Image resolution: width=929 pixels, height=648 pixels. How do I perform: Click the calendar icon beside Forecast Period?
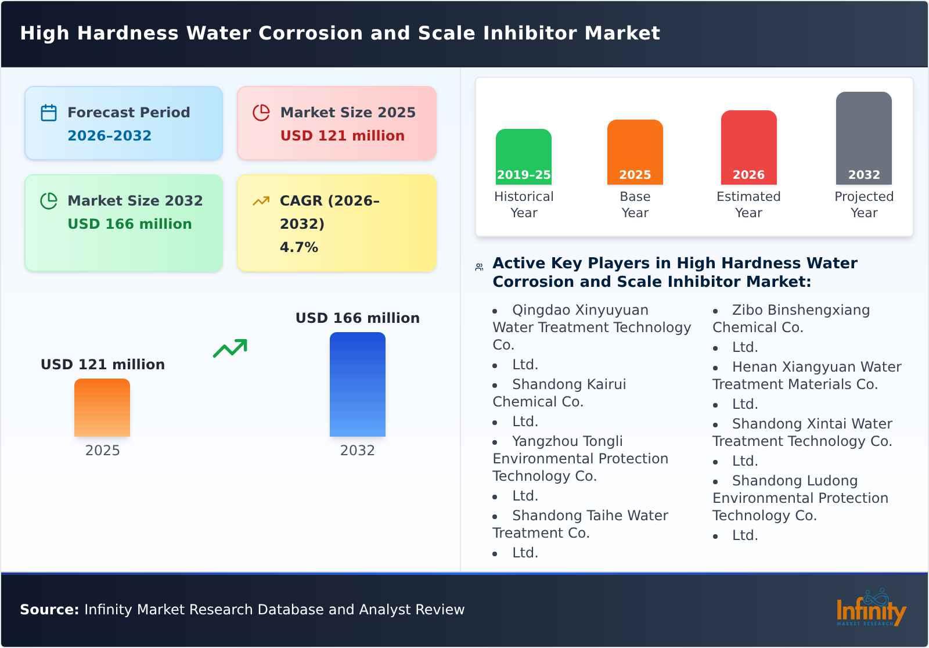[x=49, y=113]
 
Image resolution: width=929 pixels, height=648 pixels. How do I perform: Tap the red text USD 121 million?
[x=342, y=136]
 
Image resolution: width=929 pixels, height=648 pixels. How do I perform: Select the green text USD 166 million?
[x=129, y=224]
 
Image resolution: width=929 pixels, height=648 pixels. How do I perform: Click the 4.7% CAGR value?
[x=298, y=247]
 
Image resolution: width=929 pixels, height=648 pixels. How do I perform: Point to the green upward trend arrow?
[x=230, y=348]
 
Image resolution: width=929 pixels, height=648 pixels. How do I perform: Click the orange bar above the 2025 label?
[x=102, y=408]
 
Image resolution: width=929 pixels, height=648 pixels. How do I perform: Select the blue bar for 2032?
[x=357, y=384]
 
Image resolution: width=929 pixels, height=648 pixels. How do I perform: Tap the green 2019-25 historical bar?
[x=523, y=157]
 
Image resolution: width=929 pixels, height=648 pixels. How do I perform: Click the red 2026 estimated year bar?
[x=748, y=147]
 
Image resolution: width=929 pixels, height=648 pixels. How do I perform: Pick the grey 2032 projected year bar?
[x=863, y=138]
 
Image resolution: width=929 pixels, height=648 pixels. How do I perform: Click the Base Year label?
[x=635, y=204]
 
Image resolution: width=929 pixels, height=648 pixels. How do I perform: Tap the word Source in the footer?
[x=49, y=610]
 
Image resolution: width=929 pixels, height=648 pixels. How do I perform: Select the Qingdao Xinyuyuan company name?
[x=579, y=310]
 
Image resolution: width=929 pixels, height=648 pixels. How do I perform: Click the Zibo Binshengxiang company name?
[x=800, y=310]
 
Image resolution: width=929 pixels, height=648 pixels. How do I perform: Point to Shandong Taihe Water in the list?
[x=589, y=516]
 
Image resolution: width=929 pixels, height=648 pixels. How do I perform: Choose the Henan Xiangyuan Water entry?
[x=816, y=367]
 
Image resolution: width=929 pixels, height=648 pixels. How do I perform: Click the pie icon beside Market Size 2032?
[x=49, y=201]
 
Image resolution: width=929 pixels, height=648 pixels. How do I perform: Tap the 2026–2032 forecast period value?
[x=109, y=136]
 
